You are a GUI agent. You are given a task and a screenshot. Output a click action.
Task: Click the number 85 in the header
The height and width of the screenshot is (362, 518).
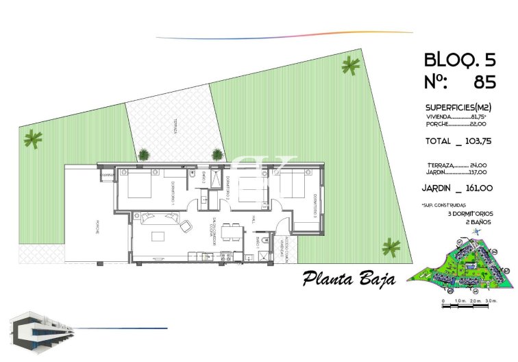click(x=484, y=83)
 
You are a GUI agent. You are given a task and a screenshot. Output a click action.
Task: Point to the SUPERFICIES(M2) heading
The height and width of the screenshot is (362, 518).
click(x=458, y=108)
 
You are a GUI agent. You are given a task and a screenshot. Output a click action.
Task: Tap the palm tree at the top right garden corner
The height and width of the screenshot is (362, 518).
click(x=350, y=66)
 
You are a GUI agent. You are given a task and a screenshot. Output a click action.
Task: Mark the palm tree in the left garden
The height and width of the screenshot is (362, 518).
click(x=32, y=140)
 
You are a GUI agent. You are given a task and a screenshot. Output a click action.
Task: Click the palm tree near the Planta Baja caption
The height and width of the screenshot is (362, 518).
click(x=391, y=247)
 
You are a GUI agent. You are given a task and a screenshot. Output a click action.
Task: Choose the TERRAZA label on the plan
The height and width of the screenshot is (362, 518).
click(x=175, y=127)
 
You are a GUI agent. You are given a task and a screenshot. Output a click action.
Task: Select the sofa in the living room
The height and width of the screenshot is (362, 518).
click(x=159, y=219)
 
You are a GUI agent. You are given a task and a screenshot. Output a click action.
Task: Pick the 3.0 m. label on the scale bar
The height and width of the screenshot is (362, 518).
click(x=490, y=301)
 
